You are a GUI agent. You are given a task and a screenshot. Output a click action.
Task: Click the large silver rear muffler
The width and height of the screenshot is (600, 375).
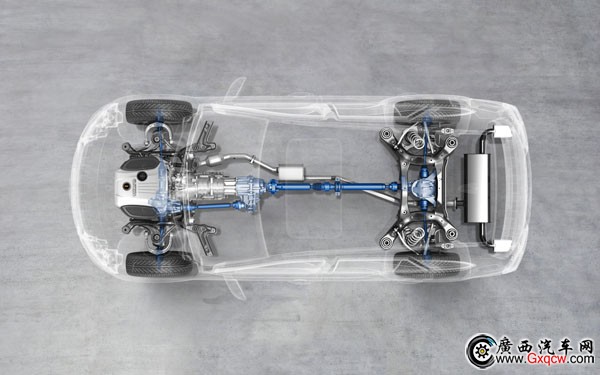pos(477,188)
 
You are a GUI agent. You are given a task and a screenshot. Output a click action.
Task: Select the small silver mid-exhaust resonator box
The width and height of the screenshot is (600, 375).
pos(291,172)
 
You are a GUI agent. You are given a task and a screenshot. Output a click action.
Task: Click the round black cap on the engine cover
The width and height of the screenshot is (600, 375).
pos(142,176)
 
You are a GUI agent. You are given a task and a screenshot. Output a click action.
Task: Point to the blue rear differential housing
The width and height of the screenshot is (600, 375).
pos(425,186)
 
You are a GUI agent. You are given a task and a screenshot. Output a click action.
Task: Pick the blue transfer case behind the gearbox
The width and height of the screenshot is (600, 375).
pos(250,190)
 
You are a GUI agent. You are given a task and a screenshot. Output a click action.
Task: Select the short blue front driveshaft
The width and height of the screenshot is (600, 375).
pos(213,207)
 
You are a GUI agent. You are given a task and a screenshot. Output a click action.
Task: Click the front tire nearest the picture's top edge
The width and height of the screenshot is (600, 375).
pos(159,112)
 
